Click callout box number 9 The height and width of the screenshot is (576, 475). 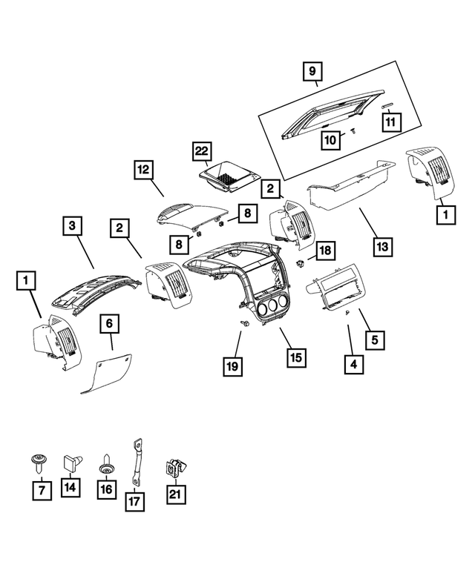point(312,72)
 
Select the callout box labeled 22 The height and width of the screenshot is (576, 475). point(200,150)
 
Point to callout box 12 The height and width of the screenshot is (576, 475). point(144,170)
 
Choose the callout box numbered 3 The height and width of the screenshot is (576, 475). point(72,224)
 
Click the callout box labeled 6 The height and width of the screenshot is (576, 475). point(109,323)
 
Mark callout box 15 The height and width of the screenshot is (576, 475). point(295,357)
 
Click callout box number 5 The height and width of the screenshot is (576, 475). point(376,340)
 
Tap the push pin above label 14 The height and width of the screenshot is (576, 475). point(70,462)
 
